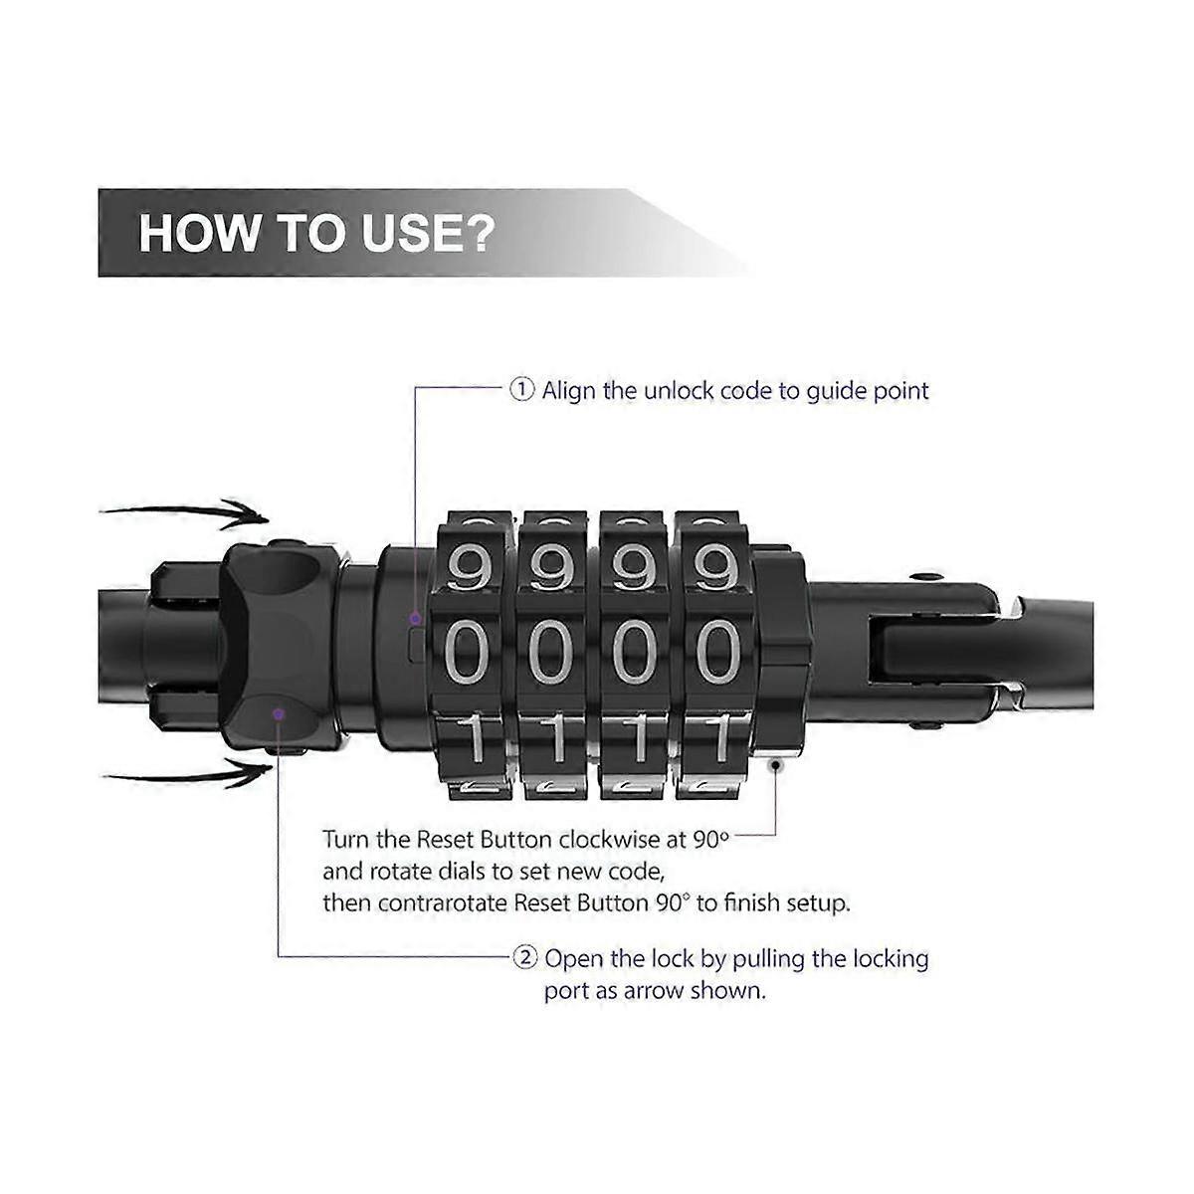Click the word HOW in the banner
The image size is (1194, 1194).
click(x=198, y=233)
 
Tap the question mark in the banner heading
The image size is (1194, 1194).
click(x=478, y=233)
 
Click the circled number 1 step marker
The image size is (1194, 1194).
click(x=521, y=390)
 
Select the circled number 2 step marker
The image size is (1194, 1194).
click(x=525, y=958)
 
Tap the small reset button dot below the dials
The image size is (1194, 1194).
click(x=774, y=764)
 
